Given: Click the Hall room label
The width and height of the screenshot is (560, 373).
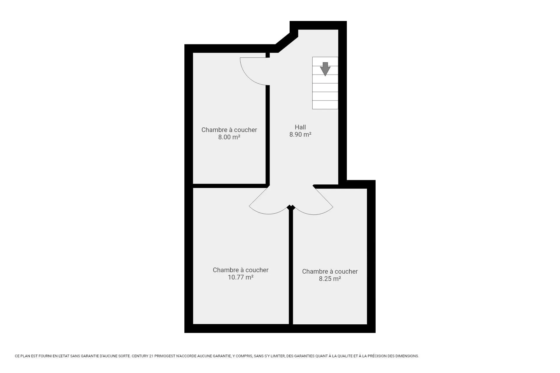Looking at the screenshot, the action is point(300,127).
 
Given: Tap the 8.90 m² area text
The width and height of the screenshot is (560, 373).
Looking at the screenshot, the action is point(300,134).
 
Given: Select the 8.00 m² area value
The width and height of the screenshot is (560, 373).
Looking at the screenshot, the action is point(229,137).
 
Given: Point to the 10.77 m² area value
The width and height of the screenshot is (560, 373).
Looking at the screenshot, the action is point(240,277).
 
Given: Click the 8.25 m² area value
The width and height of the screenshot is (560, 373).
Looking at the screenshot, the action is point(330,279).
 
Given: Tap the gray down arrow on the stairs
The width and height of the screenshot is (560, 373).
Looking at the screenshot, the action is point(325,69).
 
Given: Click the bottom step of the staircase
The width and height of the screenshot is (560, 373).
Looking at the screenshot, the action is point(325,105).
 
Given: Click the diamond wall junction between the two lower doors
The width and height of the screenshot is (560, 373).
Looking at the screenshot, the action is point(291,207).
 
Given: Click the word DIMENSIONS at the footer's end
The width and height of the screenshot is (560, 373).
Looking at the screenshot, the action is point(408,356).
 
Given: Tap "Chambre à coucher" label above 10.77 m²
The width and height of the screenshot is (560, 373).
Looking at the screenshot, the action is point(240,270).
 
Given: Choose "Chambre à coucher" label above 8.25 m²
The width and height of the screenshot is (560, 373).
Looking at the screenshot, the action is point(330,271).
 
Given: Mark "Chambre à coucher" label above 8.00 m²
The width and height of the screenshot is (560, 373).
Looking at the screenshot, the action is point(229,130).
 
